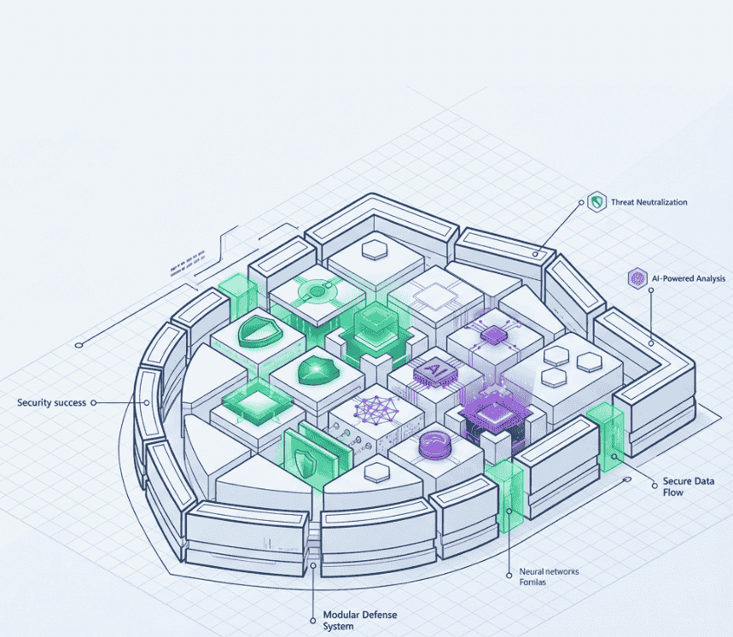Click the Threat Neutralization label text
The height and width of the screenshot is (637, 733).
point(649,202)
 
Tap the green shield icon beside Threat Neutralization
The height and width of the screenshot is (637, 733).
point(596,202)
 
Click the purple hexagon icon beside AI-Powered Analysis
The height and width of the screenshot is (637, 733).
point(636,278)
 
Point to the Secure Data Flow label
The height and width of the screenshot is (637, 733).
point(688,487)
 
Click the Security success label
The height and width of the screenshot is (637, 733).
point(51,402)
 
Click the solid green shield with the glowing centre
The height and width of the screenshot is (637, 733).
point(317,369)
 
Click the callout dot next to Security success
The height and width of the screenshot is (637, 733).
point(93,402)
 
